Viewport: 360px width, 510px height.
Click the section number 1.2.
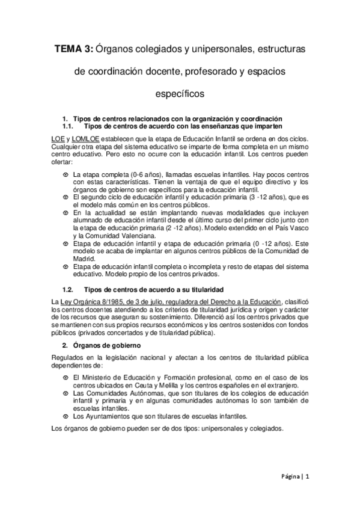pyautogui.click(x=68, y=289)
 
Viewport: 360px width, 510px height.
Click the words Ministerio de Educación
pyautogui.click(x=117, y=377)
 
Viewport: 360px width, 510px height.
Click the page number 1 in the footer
pyautogui.click(x=307, y=475)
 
